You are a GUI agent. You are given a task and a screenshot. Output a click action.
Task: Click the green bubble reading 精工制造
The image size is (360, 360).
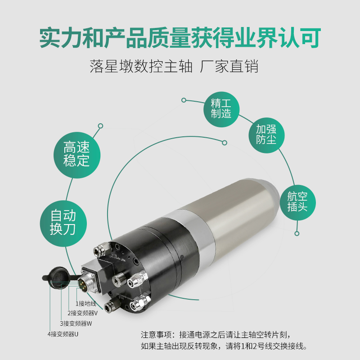coord(220,107)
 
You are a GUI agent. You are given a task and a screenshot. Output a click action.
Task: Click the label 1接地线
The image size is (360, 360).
coord(86,304)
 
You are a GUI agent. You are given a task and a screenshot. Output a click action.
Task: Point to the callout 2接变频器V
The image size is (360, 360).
coord(82,313)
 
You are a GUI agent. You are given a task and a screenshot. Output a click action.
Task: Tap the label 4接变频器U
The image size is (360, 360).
coord(63,334)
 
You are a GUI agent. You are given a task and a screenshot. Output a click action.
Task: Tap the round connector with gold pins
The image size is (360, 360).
coord(85,284)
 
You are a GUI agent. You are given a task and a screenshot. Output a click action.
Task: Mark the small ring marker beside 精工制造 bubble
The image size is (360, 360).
coord(184,100)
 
